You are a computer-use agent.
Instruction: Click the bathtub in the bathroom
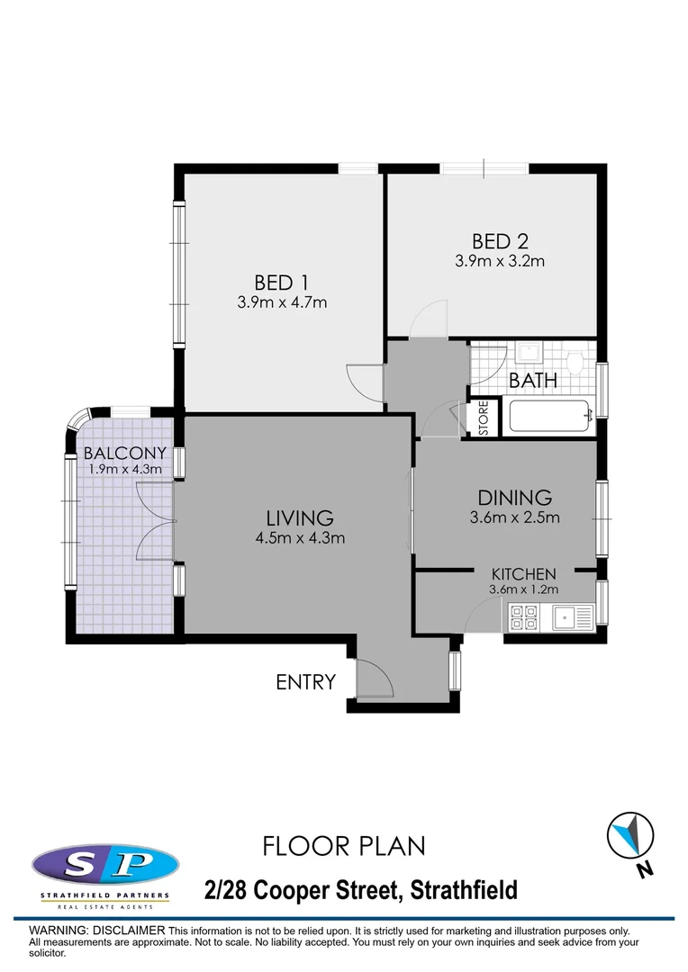(x=549, y=417)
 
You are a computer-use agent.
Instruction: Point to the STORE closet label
(x=484, y=419)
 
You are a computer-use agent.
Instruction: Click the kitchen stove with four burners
(x=524, y=617)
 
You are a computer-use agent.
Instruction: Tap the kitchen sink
(x=567, y=617)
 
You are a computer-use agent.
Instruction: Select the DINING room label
(x=514, y=497)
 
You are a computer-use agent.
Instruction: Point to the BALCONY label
(x=125, y=453)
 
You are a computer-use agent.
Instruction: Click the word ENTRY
(x=305, y=682)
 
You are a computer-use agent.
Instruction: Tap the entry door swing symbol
(x=374, y=679)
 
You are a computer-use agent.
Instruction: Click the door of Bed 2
(x=427, y=320)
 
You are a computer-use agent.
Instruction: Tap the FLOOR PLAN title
(x=343, y=846)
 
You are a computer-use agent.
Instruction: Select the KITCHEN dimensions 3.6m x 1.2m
(x=523, y=589)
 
